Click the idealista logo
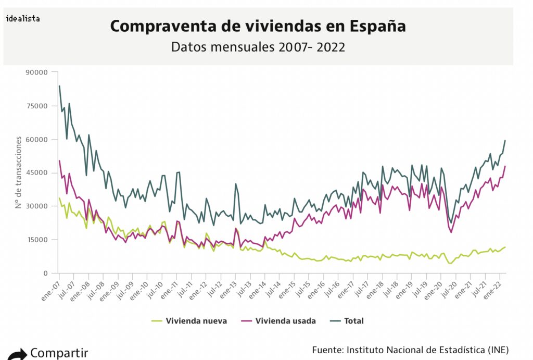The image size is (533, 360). [23, 18]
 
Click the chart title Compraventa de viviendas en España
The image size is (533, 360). [258, 27]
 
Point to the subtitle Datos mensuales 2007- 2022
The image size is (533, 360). [258, 47]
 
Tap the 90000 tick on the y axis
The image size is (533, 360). [37, 72]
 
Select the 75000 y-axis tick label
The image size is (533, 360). [37, 106]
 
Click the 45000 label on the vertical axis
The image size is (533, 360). [37, 173]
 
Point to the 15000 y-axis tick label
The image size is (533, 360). [37, 240]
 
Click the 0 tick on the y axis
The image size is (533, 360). [45, 273]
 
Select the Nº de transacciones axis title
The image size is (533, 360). [18, 172]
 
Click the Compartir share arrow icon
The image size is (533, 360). [17, 354]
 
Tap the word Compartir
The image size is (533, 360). [59, 353]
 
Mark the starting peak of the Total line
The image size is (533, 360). [59, 86]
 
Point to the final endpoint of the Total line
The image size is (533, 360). [505, 141]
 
